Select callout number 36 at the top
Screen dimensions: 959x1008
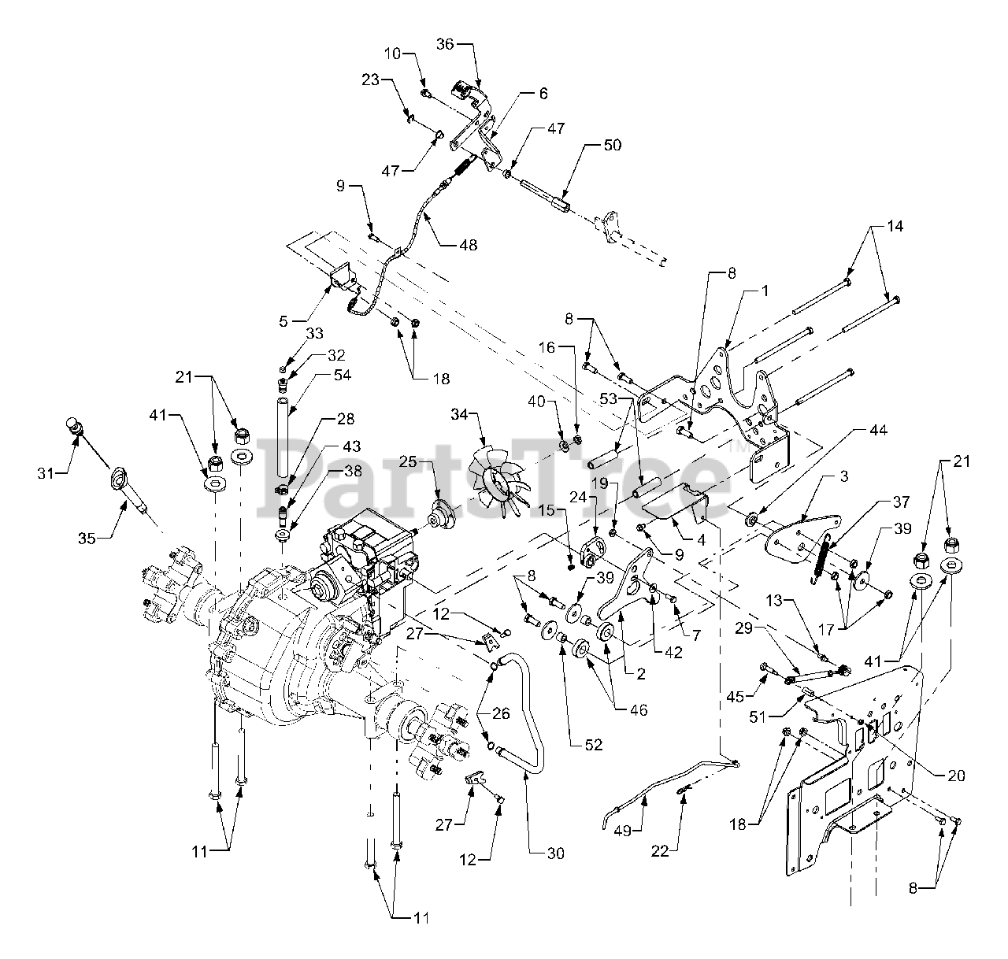(x=446, y=46)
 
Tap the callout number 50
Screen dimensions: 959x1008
(x=612, y=145)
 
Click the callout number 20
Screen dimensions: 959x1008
(x=956, y=775)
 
